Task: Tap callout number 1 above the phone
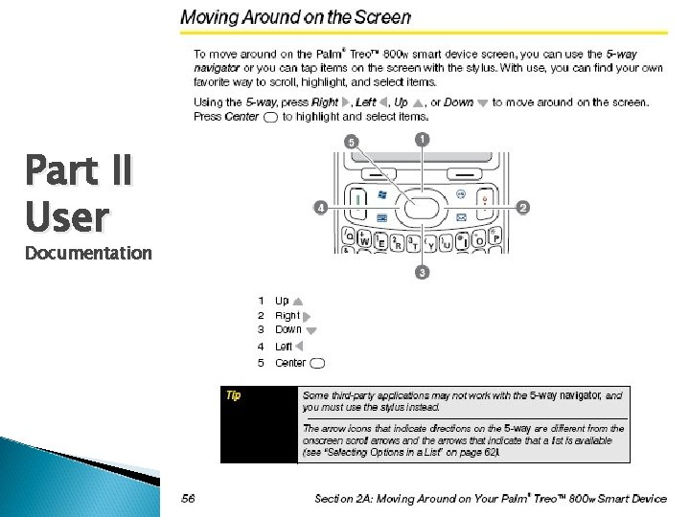coord(422,140)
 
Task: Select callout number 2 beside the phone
coord(523,206)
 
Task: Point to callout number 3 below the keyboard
coord(422,273)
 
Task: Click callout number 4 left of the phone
coord(320,206)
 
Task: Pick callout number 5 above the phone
coord(352,142)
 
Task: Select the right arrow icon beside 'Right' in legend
coord(307,315)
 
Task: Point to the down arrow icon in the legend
coord(310,330)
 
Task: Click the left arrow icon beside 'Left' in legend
coord(298,347)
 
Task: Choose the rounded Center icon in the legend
coord(318,363)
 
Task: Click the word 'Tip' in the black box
coord(233,394)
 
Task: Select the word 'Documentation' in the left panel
coord(87,253)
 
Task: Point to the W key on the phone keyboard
coord(365,241)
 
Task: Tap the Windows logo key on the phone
coord(382,194)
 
